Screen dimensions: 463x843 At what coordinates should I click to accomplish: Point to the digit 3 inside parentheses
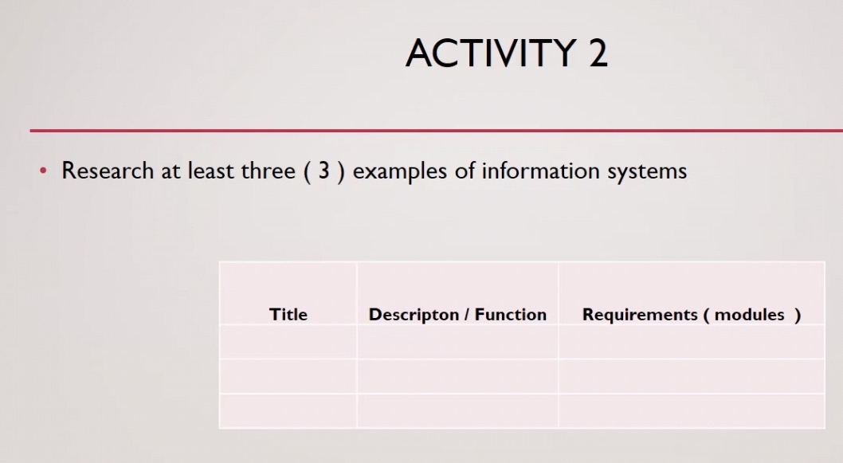[x=323, y=171]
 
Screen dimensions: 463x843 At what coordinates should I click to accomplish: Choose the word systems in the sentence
[x=646, y=171]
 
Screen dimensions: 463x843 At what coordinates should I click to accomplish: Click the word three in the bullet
[x=268, y=171]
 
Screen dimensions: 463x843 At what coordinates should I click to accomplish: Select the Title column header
[x=288, y=314]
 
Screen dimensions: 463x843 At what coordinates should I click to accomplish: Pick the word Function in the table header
[x=511, y=314]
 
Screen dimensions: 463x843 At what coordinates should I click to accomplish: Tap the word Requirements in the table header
[x=639, y=314]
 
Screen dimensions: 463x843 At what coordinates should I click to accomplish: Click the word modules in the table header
[x=749, y=314]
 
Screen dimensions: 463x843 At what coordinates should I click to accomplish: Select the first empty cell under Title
[x=288, y=342]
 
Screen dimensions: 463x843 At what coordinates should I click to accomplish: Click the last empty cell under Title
[x=288, y=410]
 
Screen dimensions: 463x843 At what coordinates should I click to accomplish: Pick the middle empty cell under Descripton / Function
[x=457, y=376]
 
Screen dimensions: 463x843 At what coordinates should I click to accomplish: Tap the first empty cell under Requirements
[x=691, y=342]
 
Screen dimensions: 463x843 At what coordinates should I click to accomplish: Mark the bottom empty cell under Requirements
[x=691, y=410]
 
